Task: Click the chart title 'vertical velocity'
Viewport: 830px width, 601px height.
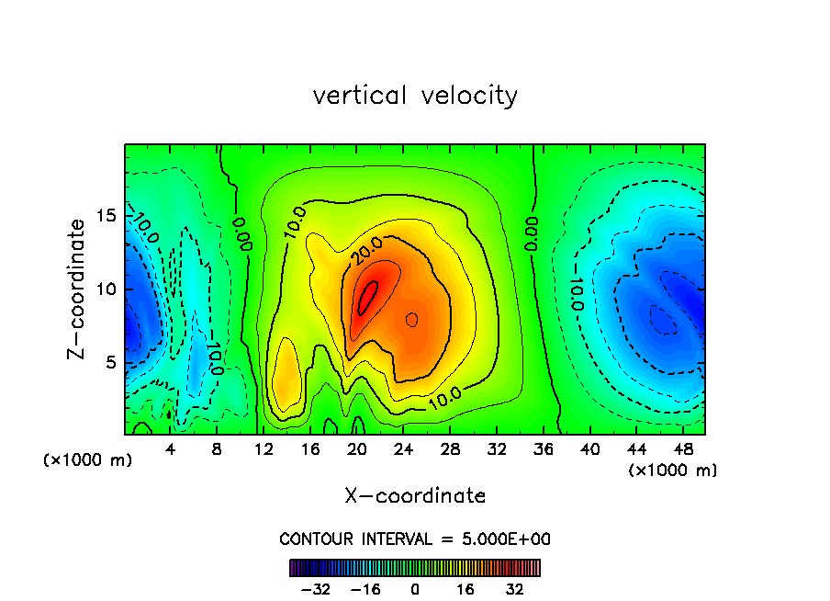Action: [415, 96]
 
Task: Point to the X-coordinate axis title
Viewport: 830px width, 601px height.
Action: [415, 496]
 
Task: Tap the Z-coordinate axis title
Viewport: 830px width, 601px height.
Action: [78, 289]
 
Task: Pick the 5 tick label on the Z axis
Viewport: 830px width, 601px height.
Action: [109, 362]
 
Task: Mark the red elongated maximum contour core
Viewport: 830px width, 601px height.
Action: [367, 298]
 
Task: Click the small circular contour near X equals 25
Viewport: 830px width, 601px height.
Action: [412, 319]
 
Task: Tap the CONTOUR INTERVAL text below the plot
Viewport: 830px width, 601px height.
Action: [415, 539]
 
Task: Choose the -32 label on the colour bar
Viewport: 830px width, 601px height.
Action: [314, 589]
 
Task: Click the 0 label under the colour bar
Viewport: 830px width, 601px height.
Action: [415, 589]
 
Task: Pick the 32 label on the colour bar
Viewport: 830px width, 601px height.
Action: [515, 589]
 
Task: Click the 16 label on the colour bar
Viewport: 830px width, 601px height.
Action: [465, 589]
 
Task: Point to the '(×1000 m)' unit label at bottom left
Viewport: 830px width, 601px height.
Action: [88, 460]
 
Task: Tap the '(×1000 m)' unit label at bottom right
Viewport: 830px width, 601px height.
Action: [673, 470]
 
